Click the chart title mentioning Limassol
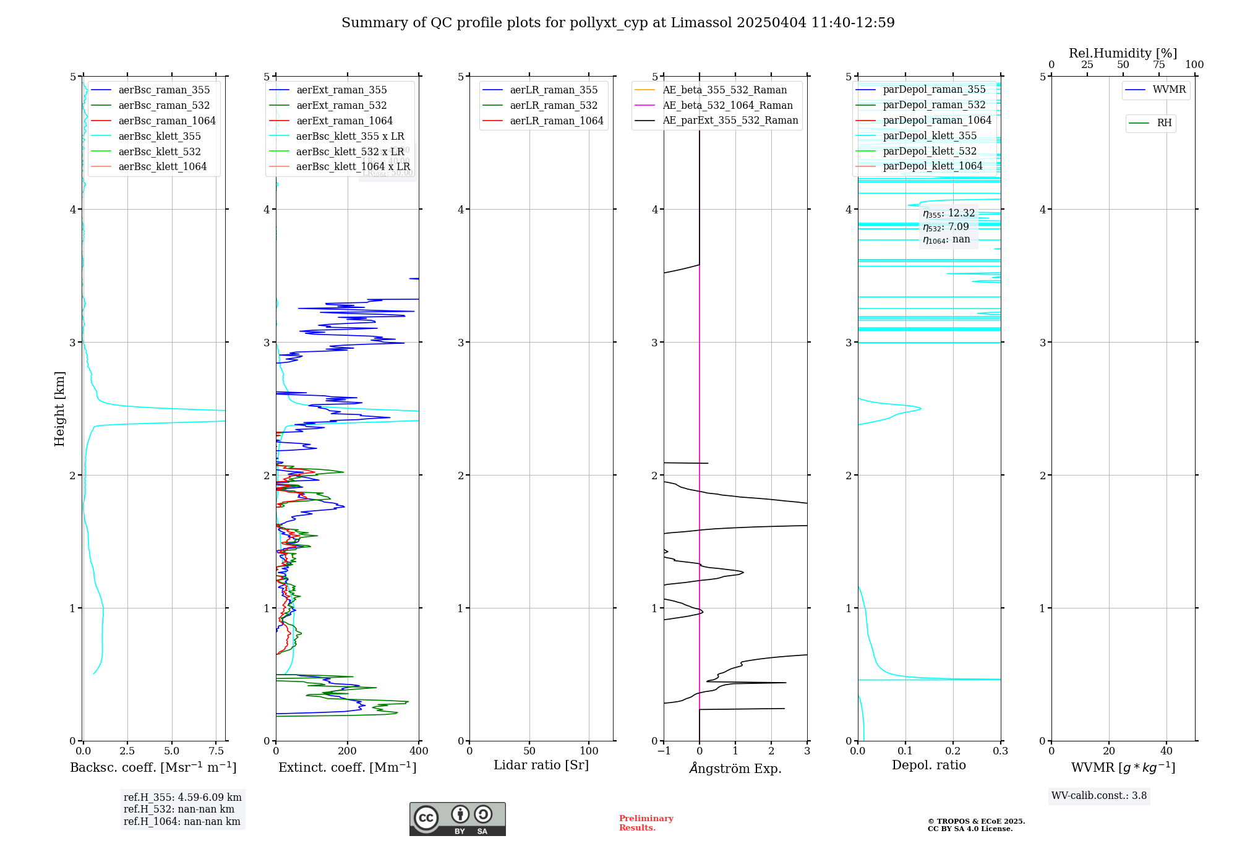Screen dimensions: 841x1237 [x=618, y=23]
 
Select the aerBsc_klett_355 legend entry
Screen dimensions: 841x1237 [x=160, y=136]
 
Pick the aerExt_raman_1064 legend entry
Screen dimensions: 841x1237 [x=344, y=121]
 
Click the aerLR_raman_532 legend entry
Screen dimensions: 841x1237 [x=554, y=105]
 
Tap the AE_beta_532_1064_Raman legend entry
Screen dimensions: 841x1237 [x=727, y=105]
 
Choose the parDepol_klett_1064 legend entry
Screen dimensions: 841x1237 [x=932, y=166]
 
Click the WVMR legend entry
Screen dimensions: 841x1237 [x=1169, y=90]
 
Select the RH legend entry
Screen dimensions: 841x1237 [x=1164, y=123]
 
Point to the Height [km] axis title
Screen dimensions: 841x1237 [x=59, y=409]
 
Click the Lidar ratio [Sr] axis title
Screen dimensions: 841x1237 [x=541, y=765]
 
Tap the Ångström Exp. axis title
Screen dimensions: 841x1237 [x=735, y=768]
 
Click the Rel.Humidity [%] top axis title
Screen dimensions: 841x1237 [x=1123, y=53]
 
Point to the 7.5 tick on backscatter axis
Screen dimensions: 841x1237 [x=216, y=751]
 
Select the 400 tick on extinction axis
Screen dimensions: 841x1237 [x=419, y=751]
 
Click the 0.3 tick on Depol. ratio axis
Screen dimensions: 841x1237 [x=1000, y=751]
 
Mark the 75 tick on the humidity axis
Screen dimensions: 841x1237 [x=1158, y=65]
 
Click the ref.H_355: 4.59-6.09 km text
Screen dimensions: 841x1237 [x=182, y=798]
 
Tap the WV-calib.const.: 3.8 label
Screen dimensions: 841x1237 [x=1099, y=796]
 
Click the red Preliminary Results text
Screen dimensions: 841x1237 [x=646, y=823]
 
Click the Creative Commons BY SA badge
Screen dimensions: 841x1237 [x=457, y=819]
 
